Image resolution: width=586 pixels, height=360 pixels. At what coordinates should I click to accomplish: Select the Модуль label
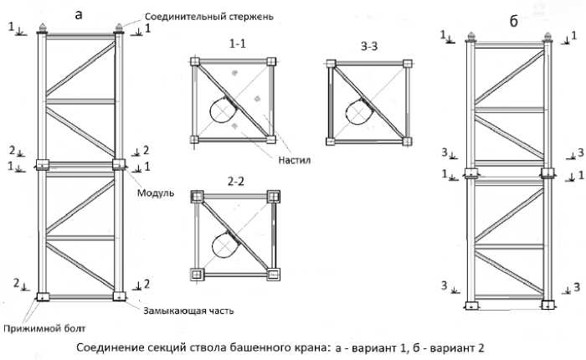click(x=156, y=193)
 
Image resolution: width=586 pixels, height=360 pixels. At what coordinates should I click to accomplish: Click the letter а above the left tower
click(x=79, y=13)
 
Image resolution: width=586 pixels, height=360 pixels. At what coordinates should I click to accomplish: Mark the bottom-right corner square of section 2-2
click(x=273, y=274)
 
